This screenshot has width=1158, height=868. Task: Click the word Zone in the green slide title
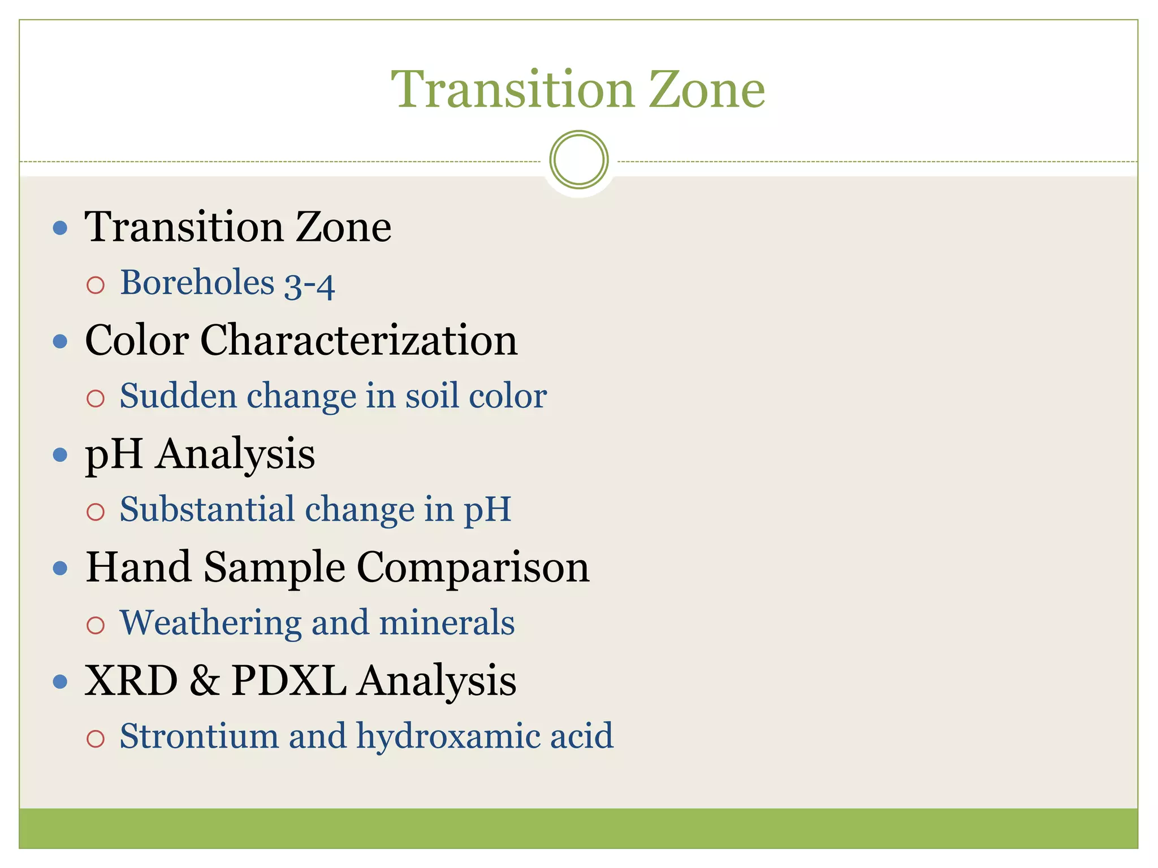point(706,90)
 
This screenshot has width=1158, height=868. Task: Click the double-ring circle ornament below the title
point(578,159)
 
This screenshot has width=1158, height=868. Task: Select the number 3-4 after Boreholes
point(309,285)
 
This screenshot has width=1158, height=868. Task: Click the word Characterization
point(358,341)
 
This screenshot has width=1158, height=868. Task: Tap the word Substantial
point(207,509)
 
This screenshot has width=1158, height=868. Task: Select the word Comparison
point(473,568)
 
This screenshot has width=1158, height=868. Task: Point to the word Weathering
point(210,623)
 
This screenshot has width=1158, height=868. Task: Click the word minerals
point(447,623)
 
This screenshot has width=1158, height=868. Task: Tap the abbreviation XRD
point(131,680)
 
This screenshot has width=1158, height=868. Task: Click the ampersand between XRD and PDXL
point(205,680)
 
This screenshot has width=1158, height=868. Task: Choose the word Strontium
point(199,736)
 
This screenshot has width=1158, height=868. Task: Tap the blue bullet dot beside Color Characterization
point(60,341)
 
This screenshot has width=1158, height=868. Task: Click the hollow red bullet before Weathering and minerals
point(96,625)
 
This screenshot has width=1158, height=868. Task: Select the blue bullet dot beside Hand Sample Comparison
point(60,568)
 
